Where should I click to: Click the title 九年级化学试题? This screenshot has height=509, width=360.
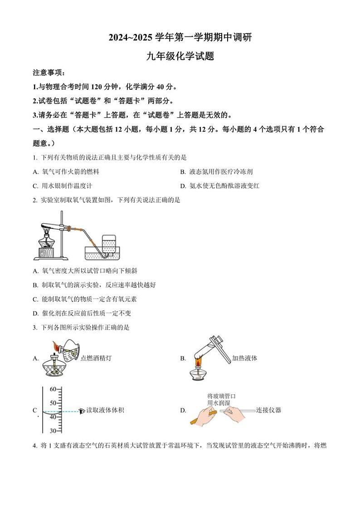(x=180, y=57)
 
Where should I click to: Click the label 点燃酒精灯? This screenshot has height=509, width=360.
(x=96, y=358)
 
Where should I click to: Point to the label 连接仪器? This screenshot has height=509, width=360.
(x=268, y=410)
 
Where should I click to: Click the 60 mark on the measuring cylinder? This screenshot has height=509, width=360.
(x=53, y=389)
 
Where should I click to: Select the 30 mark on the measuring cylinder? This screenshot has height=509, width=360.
(x=53, y=431)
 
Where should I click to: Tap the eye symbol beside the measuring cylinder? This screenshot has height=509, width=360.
(x=82, y=411)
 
